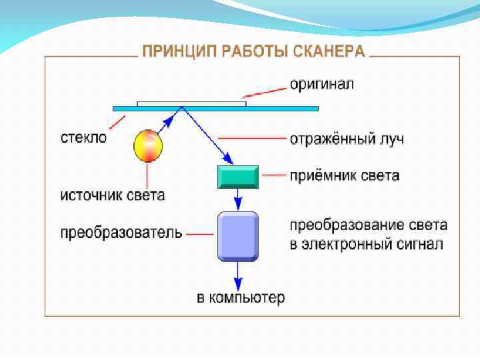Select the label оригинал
321,85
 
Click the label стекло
83,138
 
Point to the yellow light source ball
148,146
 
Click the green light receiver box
238,177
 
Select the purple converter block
238,235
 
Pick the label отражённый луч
347,139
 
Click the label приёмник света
344,176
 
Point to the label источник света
113,196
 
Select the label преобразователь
121,233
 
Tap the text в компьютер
240,297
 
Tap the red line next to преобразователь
200,234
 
